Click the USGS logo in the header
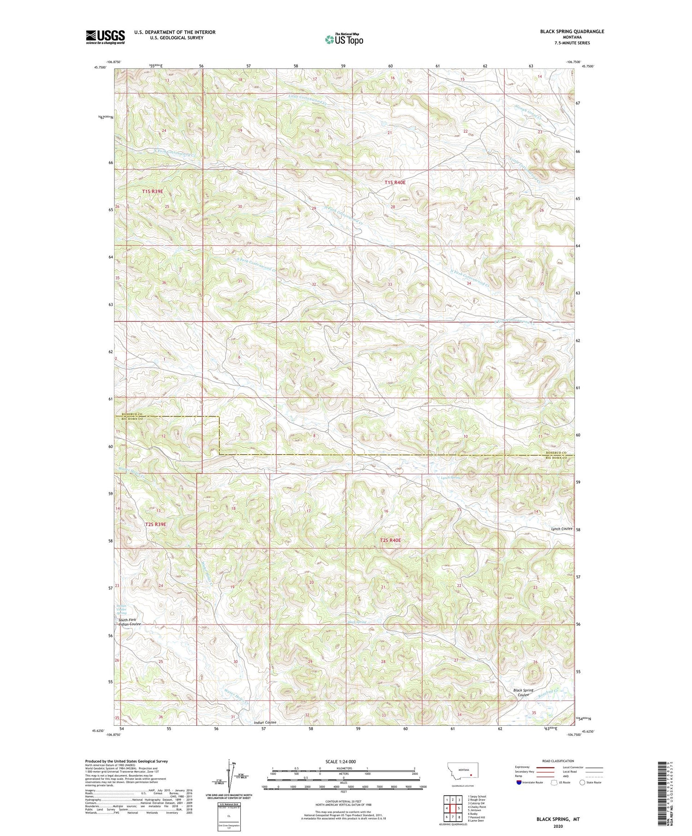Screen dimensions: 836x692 click(105, 37)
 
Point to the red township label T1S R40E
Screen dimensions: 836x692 click(395, 183)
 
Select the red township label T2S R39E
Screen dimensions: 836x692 click(155, 524)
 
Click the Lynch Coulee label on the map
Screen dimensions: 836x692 click(561, 529)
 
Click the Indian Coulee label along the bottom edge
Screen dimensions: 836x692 click(265, 735)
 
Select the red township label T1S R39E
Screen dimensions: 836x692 click(152, 191)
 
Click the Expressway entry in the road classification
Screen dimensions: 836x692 click(523, 767)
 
